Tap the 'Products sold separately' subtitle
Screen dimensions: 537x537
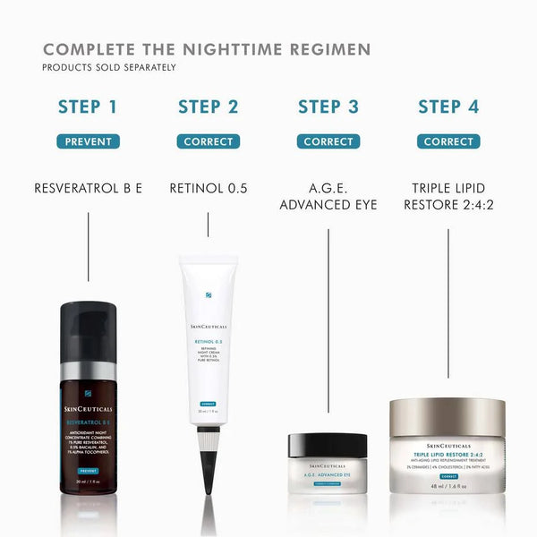[109, 67]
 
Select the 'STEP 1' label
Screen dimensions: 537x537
[88, 107]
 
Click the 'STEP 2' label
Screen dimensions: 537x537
[208, 107]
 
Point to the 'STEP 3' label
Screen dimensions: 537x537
[328, 107]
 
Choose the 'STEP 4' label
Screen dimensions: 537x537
[448, 107]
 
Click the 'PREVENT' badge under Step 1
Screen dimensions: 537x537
[88, 141]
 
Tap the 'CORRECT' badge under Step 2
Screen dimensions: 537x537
[208, 141]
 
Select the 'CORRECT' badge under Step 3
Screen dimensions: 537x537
[328, 141]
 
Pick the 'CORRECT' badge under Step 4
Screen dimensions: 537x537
[448, 141]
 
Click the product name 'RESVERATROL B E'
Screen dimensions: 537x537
[88, 189]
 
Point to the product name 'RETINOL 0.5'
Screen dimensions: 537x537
[208, 189]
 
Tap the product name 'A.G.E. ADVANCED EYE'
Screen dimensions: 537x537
[328, 197]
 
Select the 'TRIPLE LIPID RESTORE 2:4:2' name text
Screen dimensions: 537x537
[448, 197]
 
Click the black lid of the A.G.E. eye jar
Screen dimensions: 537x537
[327, 445]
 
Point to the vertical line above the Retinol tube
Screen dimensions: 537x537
[208, 224]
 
